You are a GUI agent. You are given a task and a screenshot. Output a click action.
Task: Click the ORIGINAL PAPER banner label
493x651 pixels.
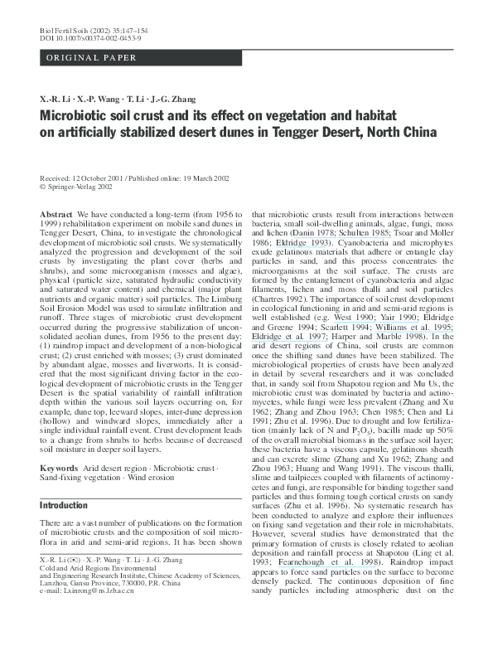coord(80,58)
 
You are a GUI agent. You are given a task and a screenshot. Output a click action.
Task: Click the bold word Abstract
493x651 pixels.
coord(55,213)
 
